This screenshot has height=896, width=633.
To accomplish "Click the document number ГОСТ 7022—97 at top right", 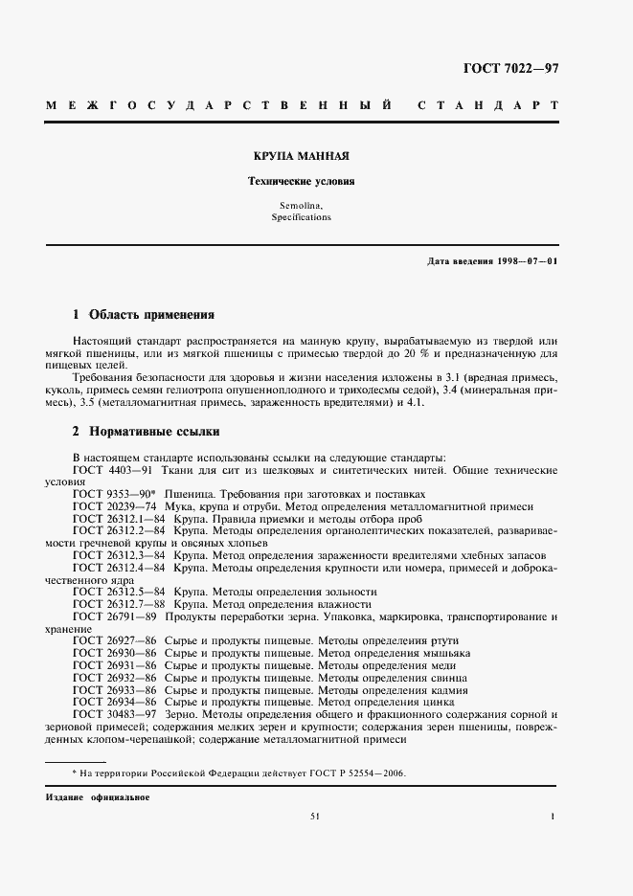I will [x=510, y=67].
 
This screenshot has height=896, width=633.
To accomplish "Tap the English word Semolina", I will [x=302, y=207].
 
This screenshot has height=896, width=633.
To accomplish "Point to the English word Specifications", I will [x=302, y=217].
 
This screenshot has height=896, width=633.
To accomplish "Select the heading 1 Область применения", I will [x=143, y=314].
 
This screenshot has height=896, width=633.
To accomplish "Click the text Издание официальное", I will [x=98, y=797].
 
